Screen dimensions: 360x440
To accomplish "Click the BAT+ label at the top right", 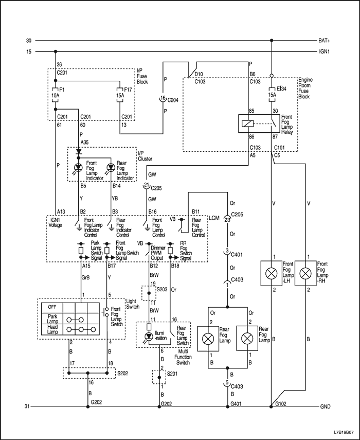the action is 325,41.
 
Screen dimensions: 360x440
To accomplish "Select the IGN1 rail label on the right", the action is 325,52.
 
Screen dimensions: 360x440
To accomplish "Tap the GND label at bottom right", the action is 325,407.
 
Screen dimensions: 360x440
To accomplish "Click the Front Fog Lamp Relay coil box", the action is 248,124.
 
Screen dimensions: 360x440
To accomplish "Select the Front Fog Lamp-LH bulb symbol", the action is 272,274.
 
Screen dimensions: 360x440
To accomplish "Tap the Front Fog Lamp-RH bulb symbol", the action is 305,274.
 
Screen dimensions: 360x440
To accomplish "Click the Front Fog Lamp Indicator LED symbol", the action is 79,168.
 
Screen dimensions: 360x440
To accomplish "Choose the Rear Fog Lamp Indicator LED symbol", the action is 112,168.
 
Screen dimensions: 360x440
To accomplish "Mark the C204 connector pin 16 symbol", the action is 163,99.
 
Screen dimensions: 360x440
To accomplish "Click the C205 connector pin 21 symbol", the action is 147,185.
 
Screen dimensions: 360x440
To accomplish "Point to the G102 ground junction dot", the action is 271,407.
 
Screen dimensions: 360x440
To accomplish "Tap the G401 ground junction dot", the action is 228,407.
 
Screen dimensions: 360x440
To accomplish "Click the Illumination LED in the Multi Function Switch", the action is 149,337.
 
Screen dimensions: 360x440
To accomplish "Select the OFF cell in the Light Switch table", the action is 52,307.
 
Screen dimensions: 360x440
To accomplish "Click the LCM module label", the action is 214,218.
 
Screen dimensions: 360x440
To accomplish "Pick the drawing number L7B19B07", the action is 344,432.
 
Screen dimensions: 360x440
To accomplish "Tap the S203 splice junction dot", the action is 149,293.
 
